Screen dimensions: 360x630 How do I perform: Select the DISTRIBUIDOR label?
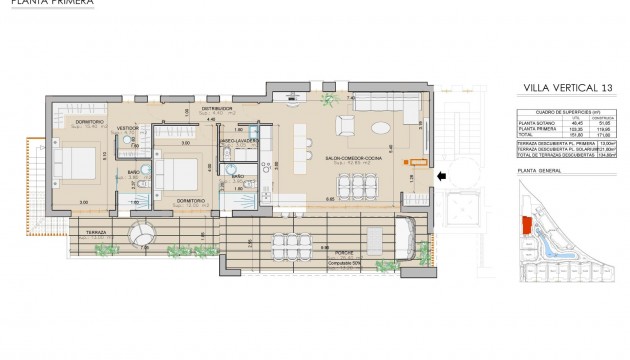tap(217, 107)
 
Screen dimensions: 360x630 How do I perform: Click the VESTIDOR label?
tap(128, 129)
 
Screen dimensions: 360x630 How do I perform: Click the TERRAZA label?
tap(97, 232)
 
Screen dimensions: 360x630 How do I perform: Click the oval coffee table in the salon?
tap(383, 127)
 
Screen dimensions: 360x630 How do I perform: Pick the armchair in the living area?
tap(345, 125)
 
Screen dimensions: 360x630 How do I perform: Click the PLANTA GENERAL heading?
tap(540, 172)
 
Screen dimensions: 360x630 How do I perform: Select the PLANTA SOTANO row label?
tap(538, 122)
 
